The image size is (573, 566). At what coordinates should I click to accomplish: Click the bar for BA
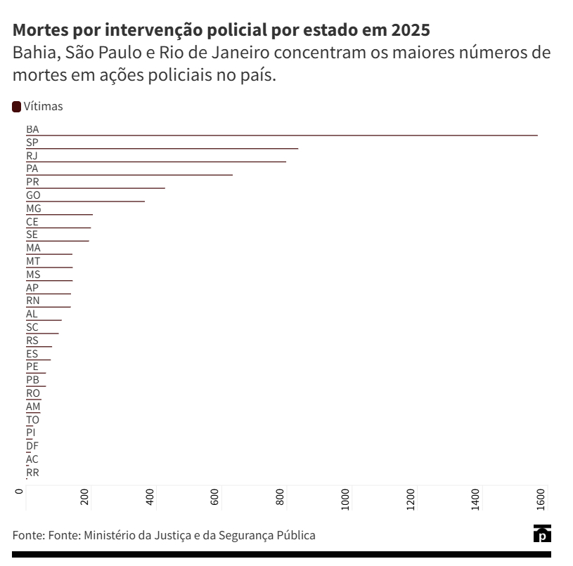coord(281,136)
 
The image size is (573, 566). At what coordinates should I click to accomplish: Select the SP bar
coord(162,149)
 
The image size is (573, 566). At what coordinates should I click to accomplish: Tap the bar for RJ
coord(156,162)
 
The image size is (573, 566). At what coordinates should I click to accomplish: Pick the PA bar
coord(129,175)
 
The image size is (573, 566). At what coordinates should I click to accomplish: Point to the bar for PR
coord(96,188)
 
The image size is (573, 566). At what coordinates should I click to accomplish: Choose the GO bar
coord(85,202)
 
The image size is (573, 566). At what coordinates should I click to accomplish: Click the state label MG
coord(34,209)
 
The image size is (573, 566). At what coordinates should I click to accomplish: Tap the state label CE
coord(32,222)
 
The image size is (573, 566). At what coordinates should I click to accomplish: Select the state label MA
coord(33,248)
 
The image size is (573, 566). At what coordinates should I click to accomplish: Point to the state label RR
coord(32,473)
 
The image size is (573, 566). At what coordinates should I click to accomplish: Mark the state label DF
coord(32,446)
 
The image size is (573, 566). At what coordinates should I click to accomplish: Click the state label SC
coord(32,327)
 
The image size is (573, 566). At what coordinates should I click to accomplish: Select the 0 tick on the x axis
coord(20,491)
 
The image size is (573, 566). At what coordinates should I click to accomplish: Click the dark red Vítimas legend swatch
coord(16,107)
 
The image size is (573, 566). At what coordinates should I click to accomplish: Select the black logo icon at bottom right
coord(542,534)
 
